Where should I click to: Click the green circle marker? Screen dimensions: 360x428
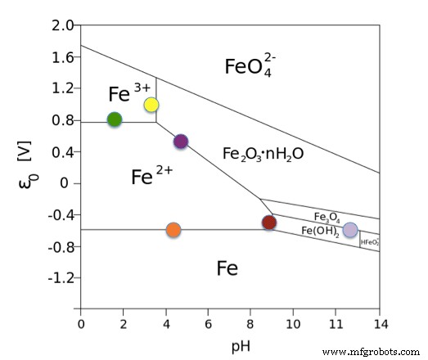click(x=115, y=119)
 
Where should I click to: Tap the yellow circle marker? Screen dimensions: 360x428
click(x=151, y=105)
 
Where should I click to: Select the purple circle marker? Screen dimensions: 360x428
click(x=181, y=142)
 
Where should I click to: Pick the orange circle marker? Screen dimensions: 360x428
click(x=173, y=230)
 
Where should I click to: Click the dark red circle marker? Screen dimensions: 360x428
click(x=269, y=223)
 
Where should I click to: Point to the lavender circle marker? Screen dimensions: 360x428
click(x=350, y=230)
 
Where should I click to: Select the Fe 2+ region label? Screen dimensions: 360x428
click(x=153, y=174)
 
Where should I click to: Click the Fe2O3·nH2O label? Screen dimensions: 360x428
click(x=263, y=153)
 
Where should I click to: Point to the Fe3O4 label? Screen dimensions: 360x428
click(x=327, y=217)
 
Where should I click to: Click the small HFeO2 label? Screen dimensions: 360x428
click(x=370, y=242)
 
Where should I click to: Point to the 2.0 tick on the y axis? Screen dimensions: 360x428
click(x=62, y=25)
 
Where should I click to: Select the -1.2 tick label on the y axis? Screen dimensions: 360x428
click(x=60, y=278)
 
